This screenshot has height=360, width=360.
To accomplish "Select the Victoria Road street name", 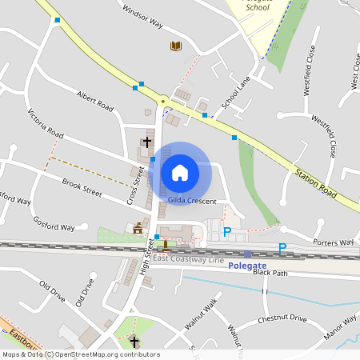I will [x=46, y=122].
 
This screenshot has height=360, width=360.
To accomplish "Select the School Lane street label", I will [x=237, y=93].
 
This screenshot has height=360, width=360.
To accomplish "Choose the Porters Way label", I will [x=334, y=242].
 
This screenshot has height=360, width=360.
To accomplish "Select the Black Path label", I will [x=270, y=273].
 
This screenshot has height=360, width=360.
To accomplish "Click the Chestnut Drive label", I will [x=282, y=318].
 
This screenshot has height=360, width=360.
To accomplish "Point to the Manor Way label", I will [x=339, y=326].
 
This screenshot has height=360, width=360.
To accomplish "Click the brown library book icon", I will [x=176, y=46].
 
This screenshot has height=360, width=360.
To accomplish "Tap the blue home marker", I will [x=180, y=172].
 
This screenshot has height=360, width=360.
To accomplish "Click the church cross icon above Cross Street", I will [x=146, y=142].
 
